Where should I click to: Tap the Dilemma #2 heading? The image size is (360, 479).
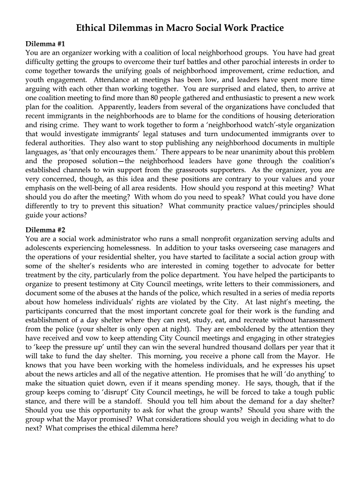(45, 230)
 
